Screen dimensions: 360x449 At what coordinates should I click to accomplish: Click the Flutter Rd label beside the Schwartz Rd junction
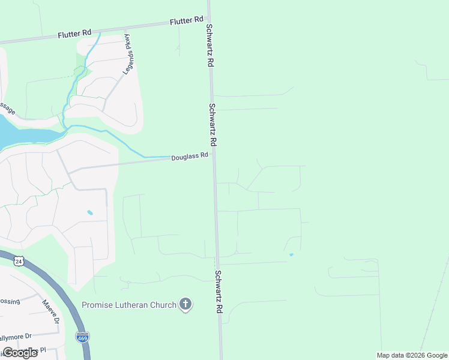187,22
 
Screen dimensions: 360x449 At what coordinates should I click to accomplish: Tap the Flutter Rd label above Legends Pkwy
74,34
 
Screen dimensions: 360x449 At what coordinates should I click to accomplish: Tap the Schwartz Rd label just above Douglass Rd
212,125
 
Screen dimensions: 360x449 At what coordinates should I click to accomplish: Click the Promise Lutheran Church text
129,305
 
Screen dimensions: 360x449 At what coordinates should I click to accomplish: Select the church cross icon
185,305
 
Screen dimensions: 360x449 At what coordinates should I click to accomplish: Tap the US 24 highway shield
19,261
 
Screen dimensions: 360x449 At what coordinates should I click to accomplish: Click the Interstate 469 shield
83,337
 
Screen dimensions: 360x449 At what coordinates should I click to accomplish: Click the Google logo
20,353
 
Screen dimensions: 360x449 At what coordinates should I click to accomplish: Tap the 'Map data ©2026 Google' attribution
412,355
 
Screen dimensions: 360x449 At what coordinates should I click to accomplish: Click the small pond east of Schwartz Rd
291,254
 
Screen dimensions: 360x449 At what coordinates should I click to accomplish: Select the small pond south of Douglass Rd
90,212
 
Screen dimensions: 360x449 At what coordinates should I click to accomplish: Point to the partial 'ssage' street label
7,108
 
